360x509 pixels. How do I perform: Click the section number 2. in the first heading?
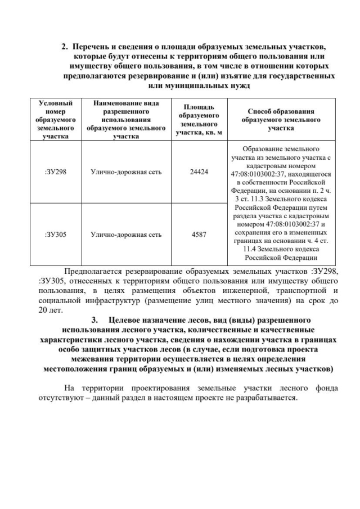(65, 45)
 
